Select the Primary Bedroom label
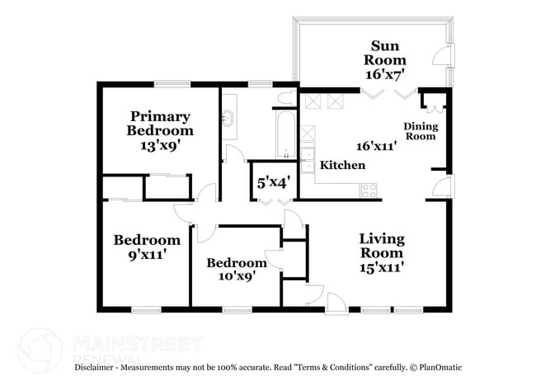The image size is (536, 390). [x=160, y=123]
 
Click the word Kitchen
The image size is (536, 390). [x=342, y=166]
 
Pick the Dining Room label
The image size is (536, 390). [x=419, y=131]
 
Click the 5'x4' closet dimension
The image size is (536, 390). [x=272, y=181]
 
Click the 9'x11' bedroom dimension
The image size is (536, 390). [x=146, y=254]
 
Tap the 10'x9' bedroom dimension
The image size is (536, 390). [x=236, y=275]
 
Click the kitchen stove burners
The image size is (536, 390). [x=369, y=189]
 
